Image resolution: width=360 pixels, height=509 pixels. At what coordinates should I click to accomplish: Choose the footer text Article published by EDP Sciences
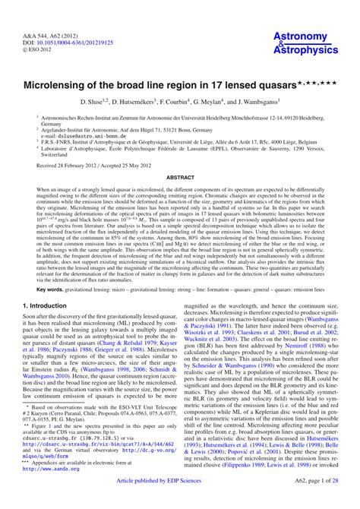179,501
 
